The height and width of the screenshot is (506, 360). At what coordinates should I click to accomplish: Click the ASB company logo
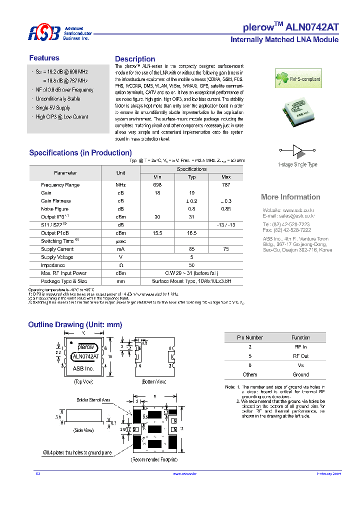click(43, 33)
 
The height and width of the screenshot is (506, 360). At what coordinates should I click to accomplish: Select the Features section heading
click(44, 58)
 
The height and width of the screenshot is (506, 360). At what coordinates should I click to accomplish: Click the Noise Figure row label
click(54, 209)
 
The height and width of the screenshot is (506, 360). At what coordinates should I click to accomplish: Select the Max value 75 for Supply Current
click(225, 249)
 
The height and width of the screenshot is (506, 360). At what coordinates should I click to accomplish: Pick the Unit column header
click(120, 173)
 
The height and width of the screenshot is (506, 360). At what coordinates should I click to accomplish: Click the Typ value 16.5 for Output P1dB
click(191, 233)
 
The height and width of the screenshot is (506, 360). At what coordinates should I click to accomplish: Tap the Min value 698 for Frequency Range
click(157, 185)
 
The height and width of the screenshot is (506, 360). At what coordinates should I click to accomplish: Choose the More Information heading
click(290, 197)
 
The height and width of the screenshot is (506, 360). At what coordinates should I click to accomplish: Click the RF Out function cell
click(300, 356)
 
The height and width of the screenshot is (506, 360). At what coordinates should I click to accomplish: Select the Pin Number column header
click(250, 337)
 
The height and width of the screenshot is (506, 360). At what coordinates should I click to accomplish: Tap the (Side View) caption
click(83, 430)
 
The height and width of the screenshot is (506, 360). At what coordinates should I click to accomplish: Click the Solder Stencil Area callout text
click(93, 400)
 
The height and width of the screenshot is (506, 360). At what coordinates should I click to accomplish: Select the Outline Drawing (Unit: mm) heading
click(75, 325)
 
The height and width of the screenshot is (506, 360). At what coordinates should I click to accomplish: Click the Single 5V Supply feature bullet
click(53, 108)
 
